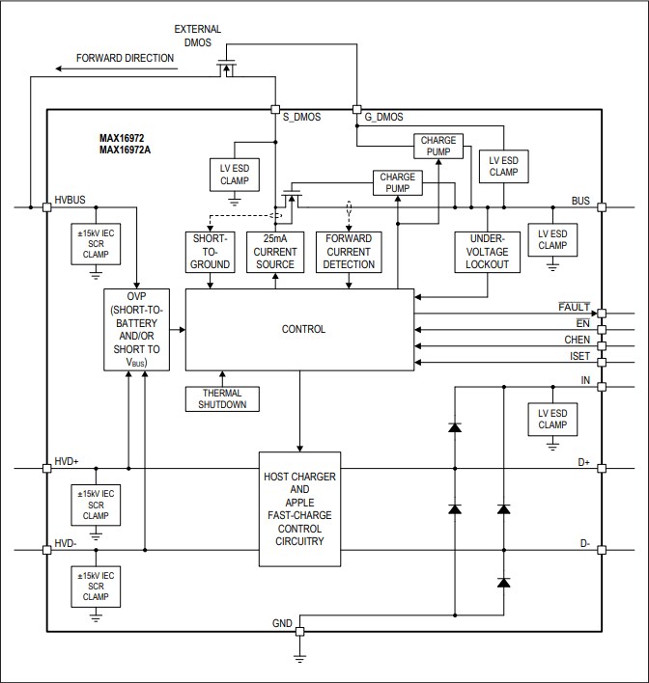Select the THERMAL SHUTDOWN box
click(223, 398)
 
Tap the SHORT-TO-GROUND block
click(210, 252)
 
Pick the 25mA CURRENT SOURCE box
click(274, 252)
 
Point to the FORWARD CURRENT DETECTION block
click(349, 252)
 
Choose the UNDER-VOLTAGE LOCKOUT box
click(488, 252)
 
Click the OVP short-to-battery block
click(135, 329)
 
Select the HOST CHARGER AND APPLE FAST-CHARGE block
click(299, 509)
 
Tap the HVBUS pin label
click(71, 200)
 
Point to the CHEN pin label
click(577, 341)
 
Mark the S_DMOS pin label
click(301, 117)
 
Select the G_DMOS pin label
click(384, 117)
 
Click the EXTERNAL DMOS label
click(198, 36)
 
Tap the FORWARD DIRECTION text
click(126, 58)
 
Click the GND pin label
click(282, 624)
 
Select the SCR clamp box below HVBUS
click(95, 245)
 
